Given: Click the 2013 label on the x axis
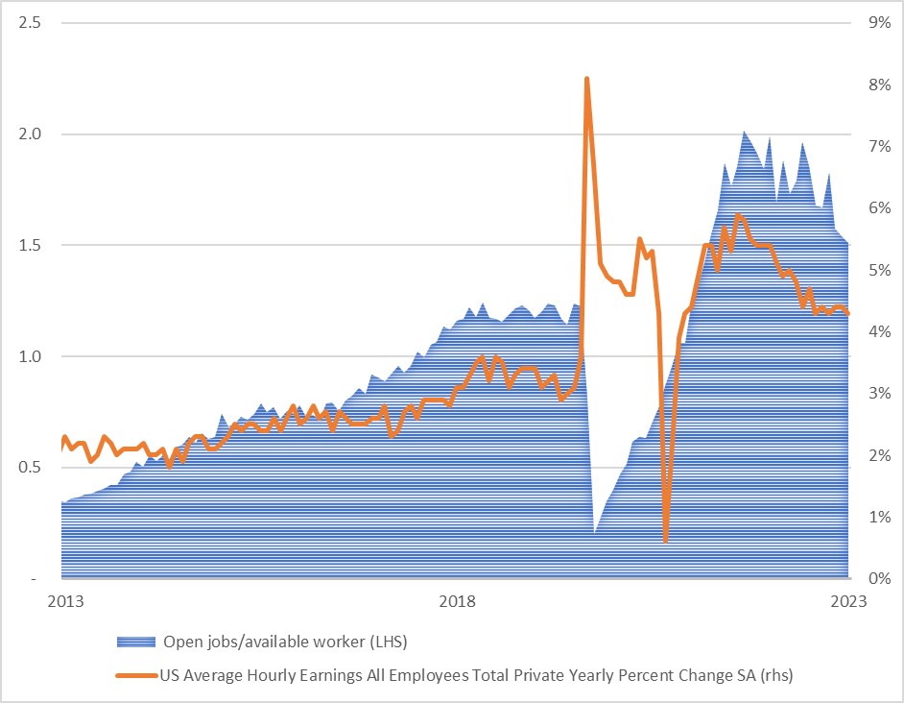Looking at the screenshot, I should coord(63,602).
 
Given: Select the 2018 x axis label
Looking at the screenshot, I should coord(457,602).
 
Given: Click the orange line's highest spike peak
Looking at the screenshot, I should coord(586,79).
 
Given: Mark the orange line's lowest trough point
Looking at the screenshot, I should coord(665,541).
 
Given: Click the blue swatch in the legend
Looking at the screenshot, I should coord(135,642).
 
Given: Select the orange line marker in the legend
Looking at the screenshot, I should coord(135,676).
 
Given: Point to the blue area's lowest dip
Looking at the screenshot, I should coord(595,532).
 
